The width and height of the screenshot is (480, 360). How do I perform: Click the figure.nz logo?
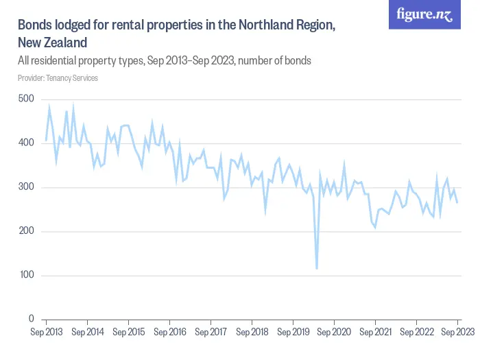(x=424, y=15)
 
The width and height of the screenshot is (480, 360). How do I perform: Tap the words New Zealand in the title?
(x=52, y=43)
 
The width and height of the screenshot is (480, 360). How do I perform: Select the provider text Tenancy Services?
(x=72, y=78)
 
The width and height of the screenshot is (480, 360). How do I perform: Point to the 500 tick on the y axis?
(x=25, y=99)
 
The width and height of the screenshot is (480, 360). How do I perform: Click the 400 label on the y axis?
(x=25, y=143)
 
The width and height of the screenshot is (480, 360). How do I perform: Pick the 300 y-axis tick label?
(x=25, y=187)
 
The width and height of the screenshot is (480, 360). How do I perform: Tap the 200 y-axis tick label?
(x=25, y=232)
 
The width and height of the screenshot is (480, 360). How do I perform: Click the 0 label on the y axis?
(x=30, y=320)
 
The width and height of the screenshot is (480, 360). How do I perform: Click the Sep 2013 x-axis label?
(x=47, y=332)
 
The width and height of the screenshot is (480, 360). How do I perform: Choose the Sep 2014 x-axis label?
(x=88, y=332)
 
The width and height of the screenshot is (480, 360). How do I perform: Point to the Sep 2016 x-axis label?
(x=169, y=332)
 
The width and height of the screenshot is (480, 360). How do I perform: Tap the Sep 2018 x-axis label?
(x=252, y=332)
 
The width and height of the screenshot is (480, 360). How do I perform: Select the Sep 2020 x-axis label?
(x=334, y=332)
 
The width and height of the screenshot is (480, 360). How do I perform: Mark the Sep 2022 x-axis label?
(x=416, y=332)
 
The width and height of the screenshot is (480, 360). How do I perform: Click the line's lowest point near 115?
(x=317, y=268)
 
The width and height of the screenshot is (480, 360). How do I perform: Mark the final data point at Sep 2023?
(x=457, y=202)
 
